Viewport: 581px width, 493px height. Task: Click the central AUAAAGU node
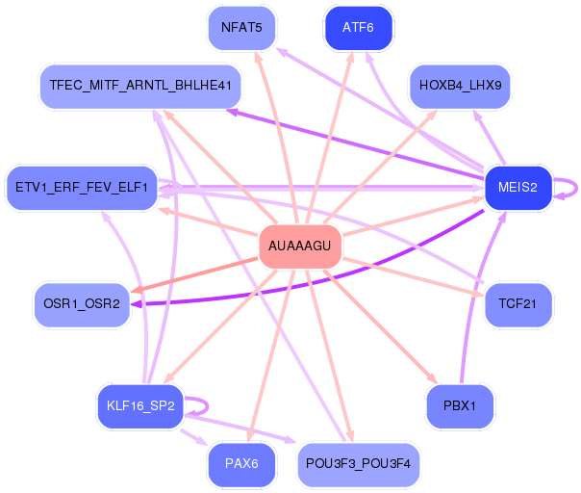click(299, 246)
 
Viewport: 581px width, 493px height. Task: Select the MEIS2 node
click(518, 187)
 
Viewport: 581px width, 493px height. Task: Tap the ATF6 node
click(358, 27)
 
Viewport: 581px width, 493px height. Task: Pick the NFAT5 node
click(241, 27)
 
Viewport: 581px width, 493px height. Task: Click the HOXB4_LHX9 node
click(461, 87)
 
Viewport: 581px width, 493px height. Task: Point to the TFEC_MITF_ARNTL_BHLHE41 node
click(140, 86)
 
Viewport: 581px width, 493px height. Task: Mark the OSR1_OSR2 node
click(82, 303)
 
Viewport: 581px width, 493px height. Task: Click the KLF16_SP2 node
click(139, 405)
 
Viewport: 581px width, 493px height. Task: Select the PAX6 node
click(241, 464)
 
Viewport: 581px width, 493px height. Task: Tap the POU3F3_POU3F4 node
click(358, 464)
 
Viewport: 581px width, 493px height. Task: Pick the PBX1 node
click(460, 405)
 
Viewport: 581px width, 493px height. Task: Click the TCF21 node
click(518, 303)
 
